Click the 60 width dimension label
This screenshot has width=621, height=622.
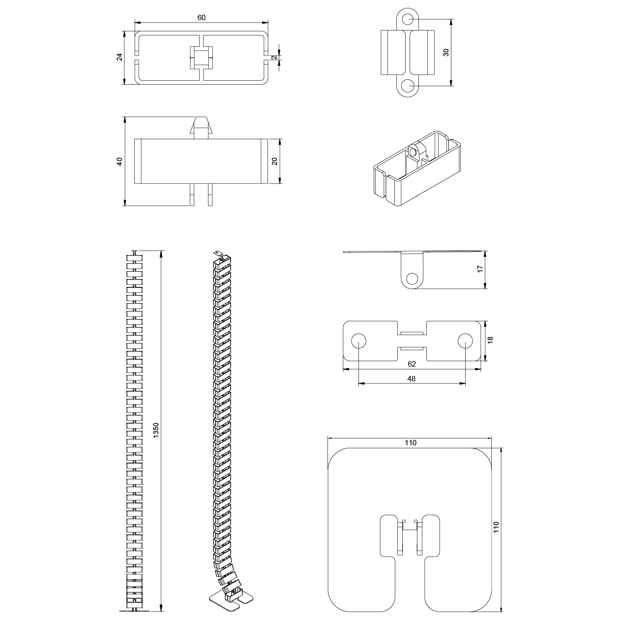[201, 18]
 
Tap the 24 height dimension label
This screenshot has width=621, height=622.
[119, 57]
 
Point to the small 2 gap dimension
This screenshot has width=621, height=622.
[274, 58]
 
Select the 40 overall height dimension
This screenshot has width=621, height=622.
[119, 161]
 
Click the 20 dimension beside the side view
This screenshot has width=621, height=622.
[275, 161]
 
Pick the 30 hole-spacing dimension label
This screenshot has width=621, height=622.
[446, 52]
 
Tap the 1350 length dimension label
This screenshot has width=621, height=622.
[156, 430]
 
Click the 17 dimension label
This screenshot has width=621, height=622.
[480, 269]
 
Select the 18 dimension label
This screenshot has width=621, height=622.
[490, 340]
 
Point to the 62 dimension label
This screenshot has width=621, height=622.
[412, 364]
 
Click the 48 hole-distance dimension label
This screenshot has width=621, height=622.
[412, 378]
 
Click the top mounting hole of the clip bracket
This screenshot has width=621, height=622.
[408, 19]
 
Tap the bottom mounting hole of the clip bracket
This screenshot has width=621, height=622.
[408, 86]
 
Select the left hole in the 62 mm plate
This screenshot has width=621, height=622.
[358, 341]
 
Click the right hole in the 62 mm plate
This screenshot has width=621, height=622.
[465, 341]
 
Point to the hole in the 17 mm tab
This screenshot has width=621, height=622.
[412, 279]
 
